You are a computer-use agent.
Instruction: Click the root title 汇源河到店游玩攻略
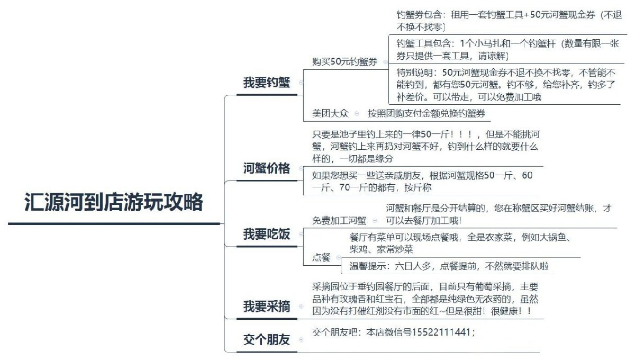pyautogui.click(x=114, y=202)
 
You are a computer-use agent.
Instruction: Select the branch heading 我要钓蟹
pyautogui.click(x=267, y=83)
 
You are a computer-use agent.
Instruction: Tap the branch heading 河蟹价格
pyautogui.click(x=267, y=168)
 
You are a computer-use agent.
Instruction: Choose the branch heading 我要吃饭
pyautogui.click(x=267, y=235)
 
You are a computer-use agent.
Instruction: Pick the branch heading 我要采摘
pyautogui.click(x=267, y=307)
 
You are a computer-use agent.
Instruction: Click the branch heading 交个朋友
pyautogui.click(x=267, y=339)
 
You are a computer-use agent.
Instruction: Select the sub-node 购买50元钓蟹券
pyautogui.click(x=344, y=61)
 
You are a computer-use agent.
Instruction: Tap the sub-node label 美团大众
pyautogui.click(x=330, y=113)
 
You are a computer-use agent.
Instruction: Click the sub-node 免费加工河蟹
pyautogui.click(x=339, y=220)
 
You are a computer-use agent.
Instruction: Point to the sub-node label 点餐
pyautogui.click(x=321, y=257)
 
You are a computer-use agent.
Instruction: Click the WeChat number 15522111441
pyautogui.click(x=441, y=332)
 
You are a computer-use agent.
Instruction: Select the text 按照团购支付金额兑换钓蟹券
pyautogui.click(x=427, y=113)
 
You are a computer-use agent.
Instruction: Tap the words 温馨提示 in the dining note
pyautogui.click(x=367, y=266)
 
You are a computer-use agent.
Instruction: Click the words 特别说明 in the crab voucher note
pyautogui.click(x=415, y=73)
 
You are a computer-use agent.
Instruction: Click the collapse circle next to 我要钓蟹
pyautogui.click(x=301, y=83)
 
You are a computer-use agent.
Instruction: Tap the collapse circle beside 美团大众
pyautogui.click(x=357, y=114)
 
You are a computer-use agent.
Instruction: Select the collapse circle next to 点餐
pyautogui.click(x=339, y=258)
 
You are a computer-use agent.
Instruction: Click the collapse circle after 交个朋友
pyautogui.click(x=301, y=339)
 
